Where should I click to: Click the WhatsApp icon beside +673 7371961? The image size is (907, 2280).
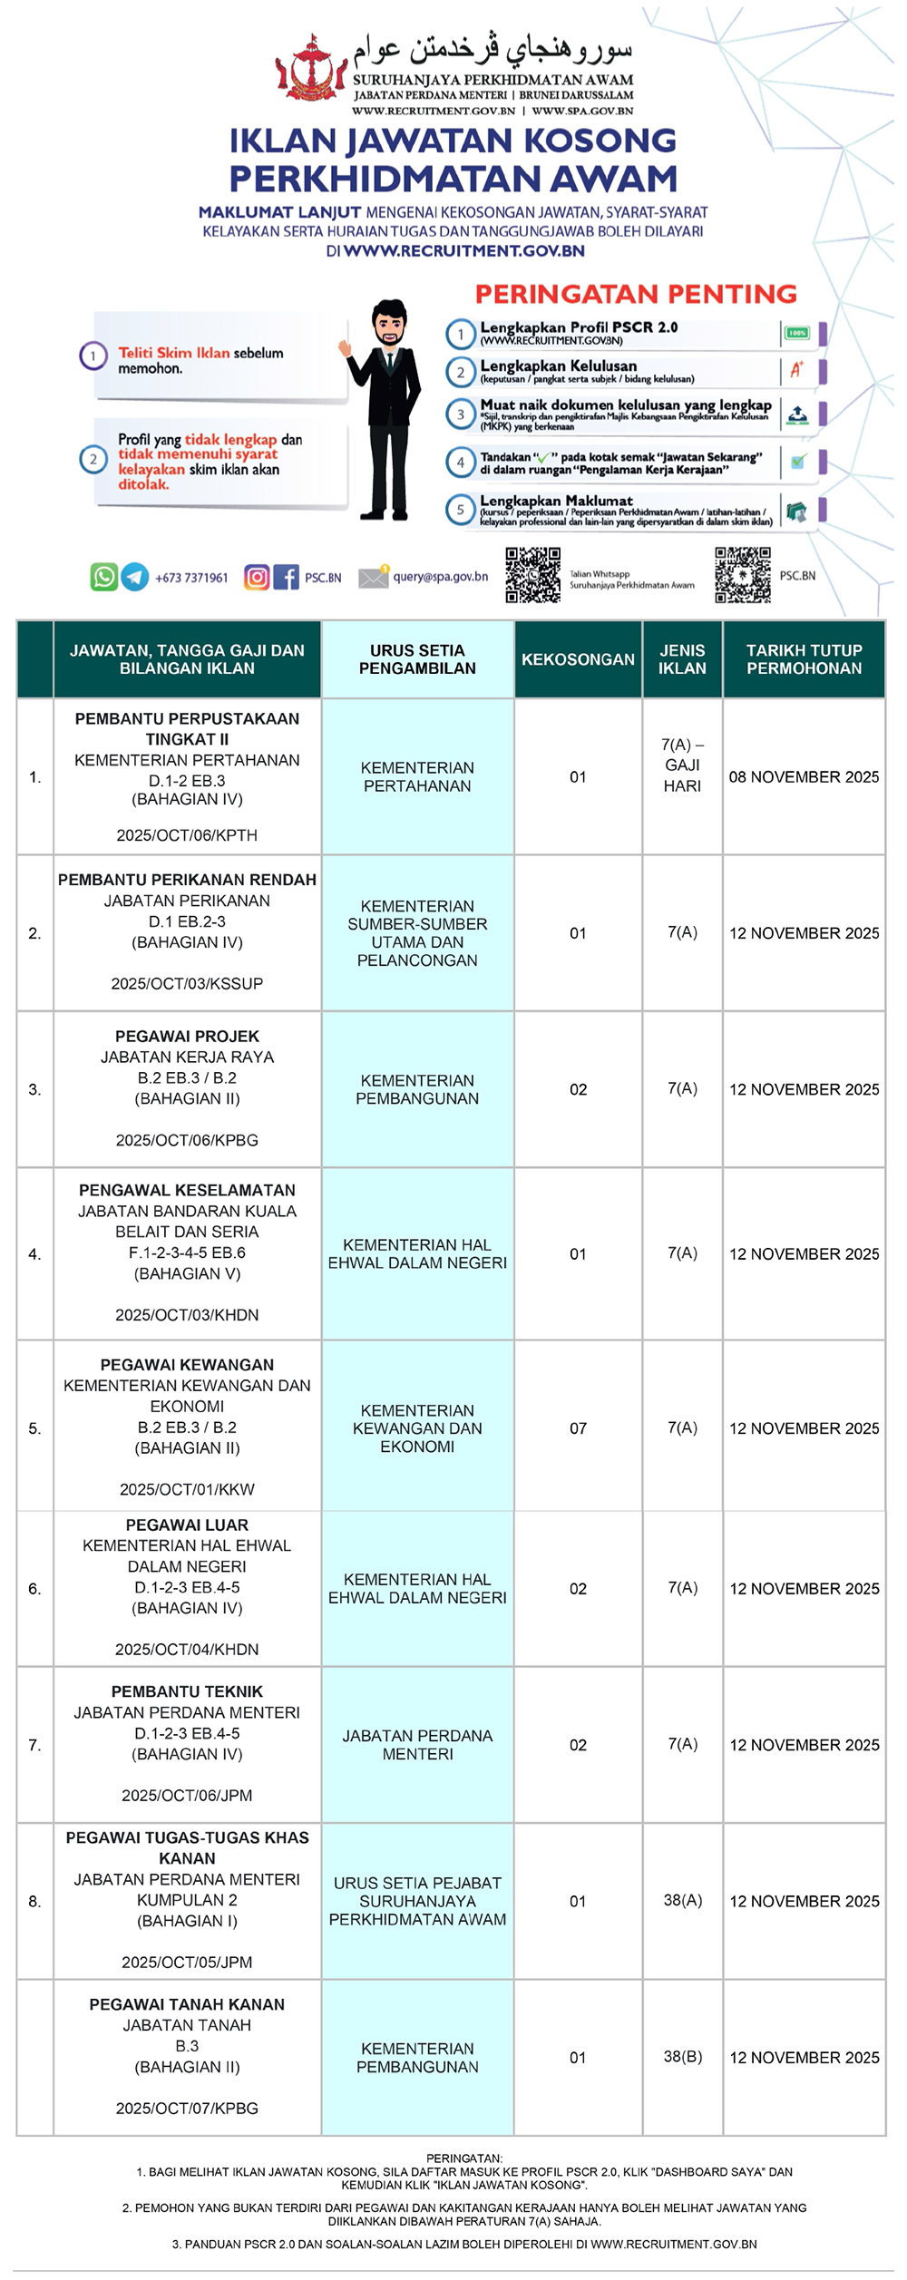[x=103, y=577]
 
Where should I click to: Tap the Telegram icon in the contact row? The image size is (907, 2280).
[x=135, y=577]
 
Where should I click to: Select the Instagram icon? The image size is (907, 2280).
[x=257, y=577]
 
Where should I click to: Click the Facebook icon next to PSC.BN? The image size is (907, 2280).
[x=286, y=577]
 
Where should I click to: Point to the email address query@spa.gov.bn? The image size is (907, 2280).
[x=440, y=577]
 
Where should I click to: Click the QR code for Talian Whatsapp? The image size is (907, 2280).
[x=532, y=575]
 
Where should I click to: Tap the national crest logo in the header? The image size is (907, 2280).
[x=311, y=69]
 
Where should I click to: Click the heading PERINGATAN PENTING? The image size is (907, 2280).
[x=636, y=294]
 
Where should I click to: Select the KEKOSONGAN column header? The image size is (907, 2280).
[x=578, y=659]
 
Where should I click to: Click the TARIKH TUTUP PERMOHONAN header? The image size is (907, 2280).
[x=804, y=659]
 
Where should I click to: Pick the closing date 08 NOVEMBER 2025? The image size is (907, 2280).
[x=804, y=777]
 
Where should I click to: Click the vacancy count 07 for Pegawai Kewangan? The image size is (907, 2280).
[x=578, y=1428]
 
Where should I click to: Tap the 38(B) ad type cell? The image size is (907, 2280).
[x=682, y=2057]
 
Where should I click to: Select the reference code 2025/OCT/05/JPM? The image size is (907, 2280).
[x=187, y=1962]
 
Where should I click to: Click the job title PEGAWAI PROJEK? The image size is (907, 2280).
[x=187, y=1037]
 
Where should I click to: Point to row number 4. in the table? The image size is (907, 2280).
[x=34, y=1254]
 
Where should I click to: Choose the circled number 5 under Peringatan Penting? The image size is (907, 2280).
[x=460, y=510]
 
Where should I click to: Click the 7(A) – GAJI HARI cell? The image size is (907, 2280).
[x=682, y=765]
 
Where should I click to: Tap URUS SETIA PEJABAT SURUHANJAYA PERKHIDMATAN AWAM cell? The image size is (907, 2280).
[x=417, y=1901]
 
